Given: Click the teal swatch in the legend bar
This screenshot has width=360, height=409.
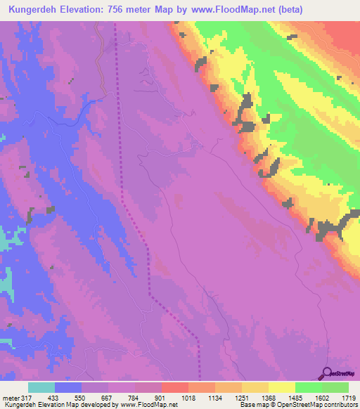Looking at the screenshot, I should [x=41, y=387].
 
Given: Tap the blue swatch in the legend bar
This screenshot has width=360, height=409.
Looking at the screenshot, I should [x=68, y=387].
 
